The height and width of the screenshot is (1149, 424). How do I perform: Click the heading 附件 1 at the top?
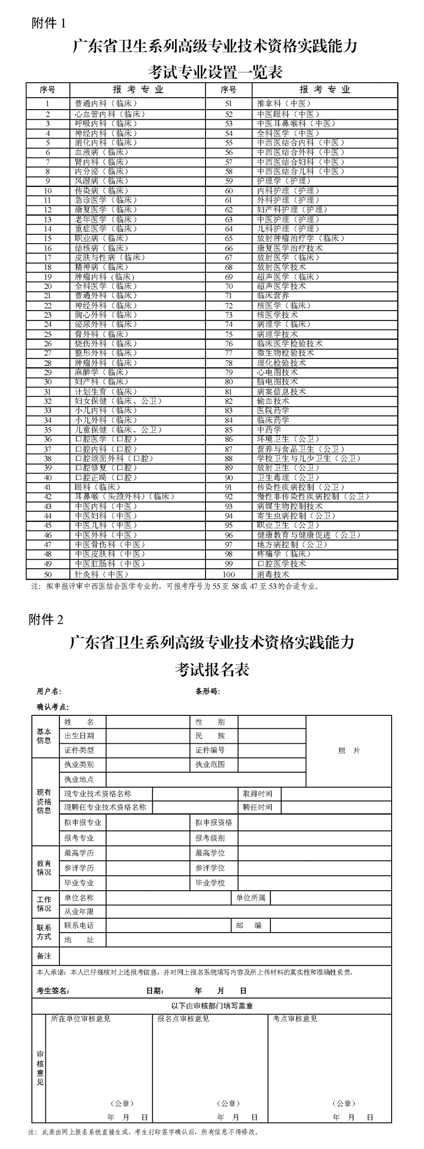48,23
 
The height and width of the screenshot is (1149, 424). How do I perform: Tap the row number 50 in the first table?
48,574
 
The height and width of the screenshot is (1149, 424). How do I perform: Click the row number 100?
228,574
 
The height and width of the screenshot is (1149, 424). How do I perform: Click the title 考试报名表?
212,669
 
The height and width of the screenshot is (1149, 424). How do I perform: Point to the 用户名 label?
49,691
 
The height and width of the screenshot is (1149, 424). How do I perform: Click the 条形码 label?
208,691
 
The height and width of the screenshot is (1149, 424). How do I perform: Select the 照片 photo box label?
349,751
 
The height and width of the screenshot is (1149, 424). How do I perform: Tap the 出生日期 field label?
79,736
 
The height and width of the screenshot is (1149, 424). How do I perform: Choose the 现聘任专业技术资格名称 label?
105,807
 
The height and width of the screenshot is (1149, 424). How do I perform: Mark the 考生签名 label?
53,990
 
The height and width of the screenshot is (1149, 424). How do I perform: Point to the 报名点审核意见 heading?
183,1019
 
